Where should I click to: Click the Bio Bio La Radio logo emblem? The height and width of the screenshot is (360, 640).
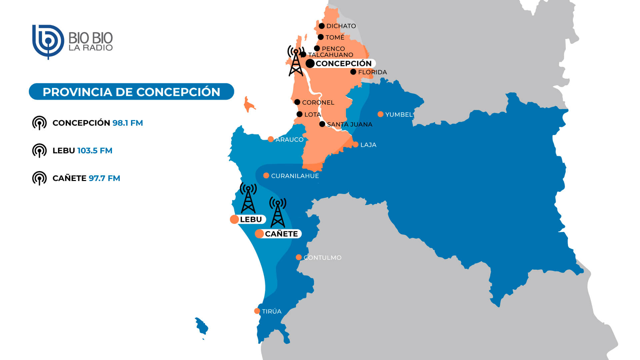click(x=48, y=42)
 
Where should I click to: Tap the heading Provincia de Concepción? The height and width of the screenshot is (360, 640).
click(x=131, y=92)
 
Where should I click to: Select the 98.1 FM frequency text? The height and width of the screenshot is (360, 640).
click(x=128, y=123)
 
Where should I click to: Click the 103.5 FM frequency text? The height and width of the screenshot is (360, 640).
click(x=95, y=151)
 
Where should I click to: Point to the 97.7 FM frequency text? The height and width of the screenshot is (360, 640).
click(x=104, y=178)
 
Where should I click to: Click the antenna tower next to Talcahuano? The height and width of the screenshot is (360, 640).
click(x=296, y=61)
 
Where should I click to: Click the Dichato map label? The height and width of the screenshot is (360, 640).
click(x=341, y=26)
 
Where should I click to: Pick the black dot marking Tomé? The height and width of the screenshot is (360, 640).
click(x=321, y=37)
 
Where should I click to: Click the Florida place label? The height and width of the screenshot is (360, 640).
click(x=372, y=72)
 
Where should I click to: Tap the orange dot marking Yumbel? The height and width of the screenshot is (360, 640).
click(x=380, y=114)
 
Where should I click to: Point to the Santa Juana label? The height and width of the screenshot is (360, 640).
click(x=349, y=124)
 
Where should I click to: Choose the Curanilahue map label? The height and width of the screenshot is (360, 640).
click(x=295, y=176)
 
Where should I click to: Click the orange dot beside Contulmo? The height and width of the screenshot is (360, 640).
click(x=299, y=257)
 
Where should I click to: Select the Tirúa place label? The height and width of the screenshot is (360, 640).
click(x=271, y=311)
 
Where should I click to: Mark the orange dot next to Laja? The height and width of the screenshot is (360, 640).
click(x=356, y=144)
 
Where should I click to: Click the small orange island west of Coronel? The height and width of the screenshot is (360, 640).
click(x=248, y=105)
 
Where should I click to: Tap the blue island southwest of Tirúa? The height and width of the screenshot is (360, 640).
click(x=201, y=326)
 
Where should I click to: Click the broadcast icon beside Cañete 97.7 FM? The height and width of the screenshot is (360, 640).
click(x=39, y=178)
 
